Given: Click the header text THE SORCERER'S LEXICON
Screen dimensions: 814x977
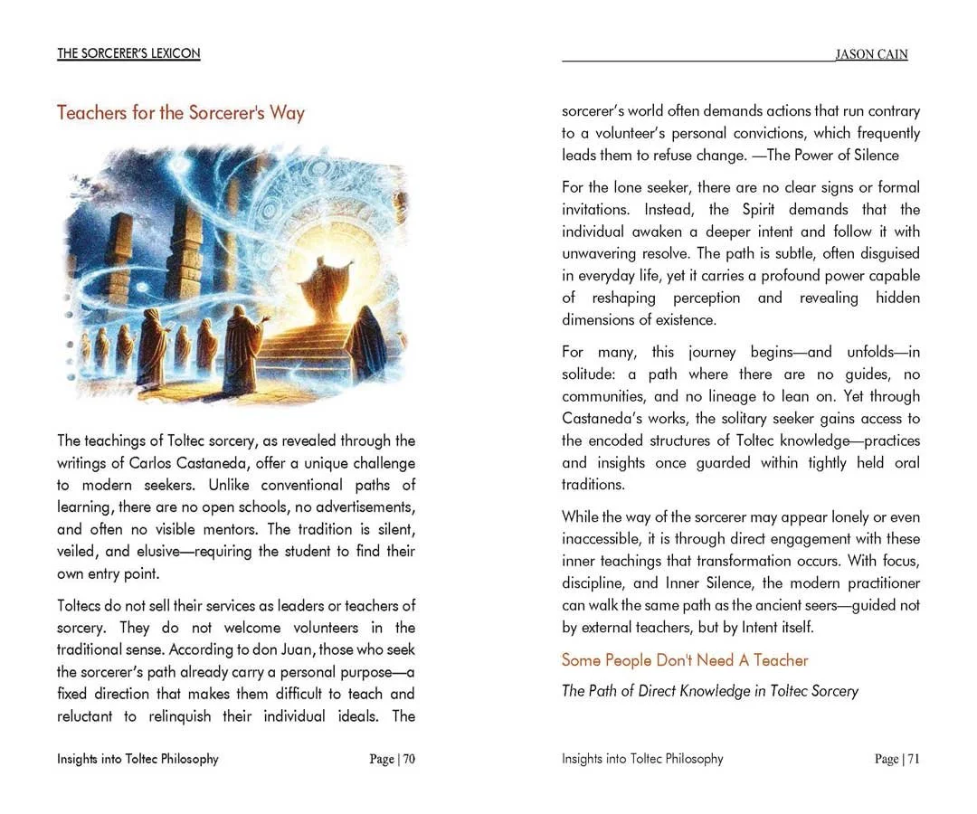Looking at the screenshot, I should [x=128, y=53].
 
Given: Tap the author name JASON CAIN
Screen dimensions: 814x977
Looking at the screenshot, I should [x=870, y=54].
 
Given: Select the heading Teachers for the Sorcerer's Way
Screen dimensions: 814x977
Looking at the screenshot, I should [x=181, y=113].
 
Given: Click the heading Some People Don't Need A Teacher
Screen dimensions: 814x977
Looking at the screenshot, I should [x=685, y=660].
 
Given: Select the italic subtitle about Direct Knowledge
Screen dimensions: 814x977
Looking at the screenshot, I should [x=709, y=691].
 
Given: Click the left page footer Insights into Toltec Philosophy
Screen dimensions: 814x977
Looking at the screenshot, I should [x=138, y=759].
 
